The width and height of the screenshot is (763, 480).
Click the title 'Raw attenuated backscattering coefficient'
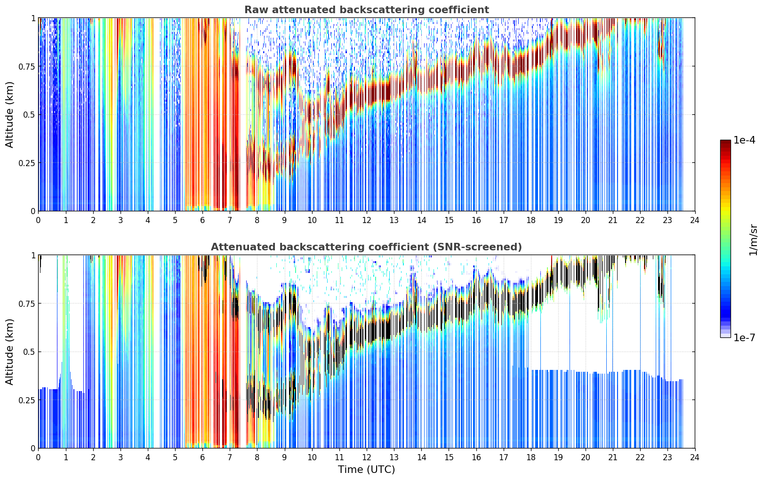click(x=367, y=10)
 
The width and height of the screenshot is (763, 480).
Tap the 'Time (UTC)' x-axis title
click(x=367, y=470)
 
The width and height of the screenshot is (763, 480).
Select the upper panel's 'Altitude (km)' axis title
click(x=9, y=115)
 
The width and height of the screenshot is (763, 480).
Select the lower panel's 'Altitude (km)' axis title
click(x=9, y=352)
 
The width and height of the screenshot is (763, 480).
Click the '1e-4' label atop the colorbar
click(x=744, y=140)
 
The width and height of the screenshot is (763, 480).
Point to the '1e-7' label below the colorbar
click(x=744, y=338)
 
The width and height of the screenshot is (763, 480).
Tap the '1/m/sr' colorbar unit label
click(x=753, y=240)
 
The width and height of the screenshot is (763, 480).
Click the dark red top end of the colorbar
click(x=725, y=142)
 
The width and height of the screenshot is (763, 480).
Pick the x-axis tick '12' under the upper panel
click(x=367, y=220)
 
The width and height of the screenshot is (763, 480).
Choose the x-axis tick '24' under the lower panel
click(x=695, y=457)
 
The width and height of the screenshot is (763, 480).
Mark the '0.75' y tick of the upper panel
click(x=27, y=66)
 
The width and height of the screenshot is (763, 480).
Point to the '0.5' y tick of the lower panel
click(x=29, y=352)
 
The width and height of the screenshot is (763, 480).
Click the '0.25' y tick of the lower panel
click(x=27, y=400)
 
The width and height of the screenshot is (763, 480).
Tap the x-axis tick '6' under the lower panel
click(x=202, y=457)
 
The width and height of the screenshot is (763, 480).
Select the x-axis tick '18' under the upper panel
click(x=530, y=220)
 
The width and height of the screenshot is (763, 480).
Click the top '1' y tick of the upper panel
click(x=33, y=18)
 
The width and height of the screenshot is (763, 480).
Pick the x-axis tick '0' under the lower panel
click(x=38, y=457)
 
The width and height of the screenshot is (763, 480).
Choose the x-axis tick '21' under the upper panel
click(x=613, y=220)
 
